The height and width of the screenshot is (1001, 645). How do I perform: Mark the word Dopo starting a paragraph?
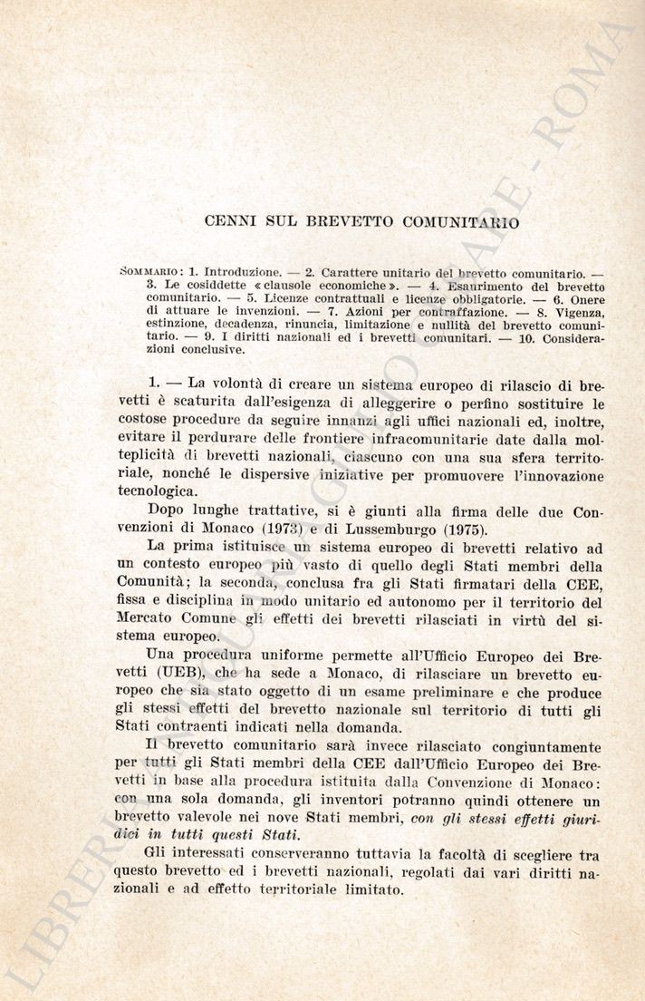coord(166,511)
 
